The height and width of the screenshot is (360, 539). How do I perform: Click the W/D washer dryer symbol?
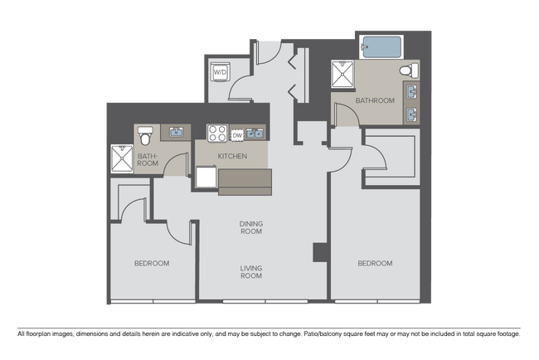tap(221, 73)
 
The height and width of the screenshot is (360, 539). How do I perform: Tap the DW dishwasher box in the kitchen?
tap(237, 134)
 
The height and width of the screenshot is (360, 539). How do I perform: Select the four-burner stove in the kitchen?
tap(217, 134)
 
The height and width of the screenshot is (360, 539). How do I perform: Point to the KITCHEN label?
tap(232, 156)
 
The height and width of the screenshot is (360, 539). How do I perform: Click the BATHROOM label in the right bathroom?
tap(375, 100)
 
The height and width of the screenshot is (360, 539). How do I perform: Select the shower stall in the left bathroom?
tap(122, 158)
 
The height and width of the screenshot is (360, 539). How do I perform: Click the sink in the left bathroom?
tap(175, 131)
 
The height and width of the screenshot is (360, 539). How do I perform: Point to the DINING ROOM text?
tap(250, 227)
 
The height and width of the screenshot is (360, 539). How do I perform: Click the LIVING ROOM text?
tap(250, 271)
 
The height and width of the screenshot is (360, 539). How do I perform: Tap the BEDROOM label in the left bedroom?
tap(152, 263)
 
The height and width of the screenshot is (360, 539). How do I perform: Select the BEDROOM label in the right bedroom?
tap(375, 263)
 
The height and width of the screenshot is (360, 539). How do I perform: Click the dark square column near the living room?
tap(318, 252)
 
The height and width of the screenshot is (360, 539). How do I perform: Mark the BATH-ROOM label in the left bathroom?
tap(148, 159)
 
